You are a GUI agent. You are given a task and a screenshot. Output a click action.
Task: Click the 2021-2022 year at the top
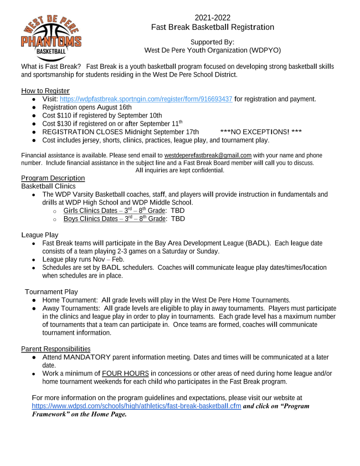[x=213, y=18]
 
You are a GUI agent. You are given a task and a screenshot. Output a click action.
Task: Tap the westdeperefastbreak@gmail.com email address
[x=208, y=155]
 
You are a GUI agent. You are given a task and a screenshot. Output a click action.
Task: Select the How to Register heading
[x=45, y=91]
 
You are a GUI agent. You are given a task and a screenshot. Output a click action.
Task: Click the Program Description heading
[x=53, y=178]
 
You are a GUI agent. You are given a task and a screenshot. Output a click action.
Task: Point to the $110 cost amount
[x=66, y=115]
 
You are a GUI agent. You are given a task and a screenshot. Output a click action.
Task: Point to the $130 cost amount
[x=66, y=124]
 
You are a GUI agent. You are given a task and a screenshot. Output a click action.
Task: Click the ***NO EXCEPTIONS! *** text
[x=261, y=132]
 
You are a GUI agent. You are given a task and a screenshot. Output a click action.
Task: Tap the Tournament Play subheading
[x=52, y=291]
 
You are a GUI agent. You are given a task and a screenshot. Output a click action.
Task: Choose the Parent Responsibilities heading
[x=55, y=349]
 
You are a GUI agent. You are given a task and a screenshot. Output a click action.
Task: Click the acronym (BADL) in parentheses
[x=258, y=243]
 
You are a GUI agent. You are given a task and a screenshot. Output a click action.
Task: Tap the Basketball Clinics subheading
[x=48, y=186]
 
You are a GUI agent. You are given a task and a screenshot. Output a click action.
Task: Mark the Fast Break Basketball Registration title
[x=213, y=27]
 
